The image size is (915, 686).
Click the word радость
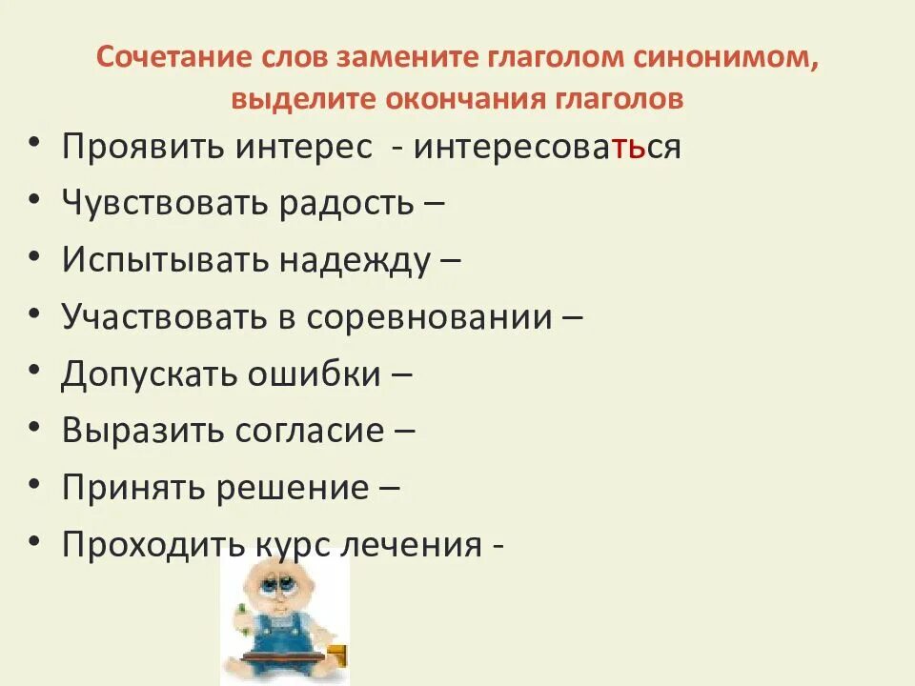tap(346, 204)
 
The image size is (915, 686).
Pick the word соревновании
tap(429, 317)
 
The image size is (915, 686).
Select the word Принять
tap(132, 487)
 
